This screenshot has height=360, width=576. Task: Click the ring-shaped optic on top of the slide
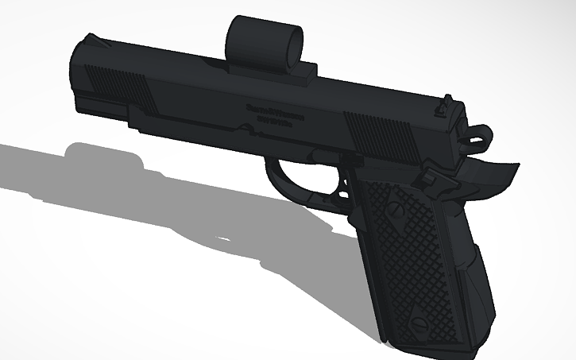coord(265,41)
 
